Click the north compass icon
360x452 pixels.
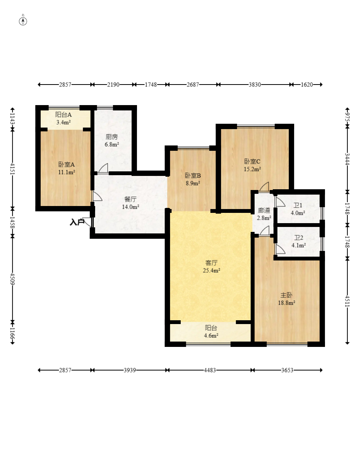(x=23, y=21)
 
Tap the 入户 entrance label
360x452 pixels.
(x=77, y=222)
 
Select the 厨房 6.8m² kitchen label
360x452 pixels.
(x=112, y=141)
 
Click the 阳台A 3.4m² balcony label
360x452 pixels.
(x=63, y=118)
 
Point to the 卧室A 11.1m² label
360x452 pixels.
(x=67, y=168)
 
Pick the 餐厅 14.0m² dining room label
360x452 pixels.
(x=131, y=203)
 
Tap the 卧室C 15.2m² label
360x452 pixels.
(x=252, y=165)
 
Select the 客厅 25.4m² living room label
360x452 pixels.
(x=211, y=267)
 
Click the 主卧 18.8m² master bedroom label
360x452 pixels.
(x=286, y=299)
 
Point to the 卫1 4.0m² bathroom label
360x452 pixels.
(x=298, y=209)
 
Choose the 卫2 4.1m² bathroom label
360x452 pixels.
(x=298, y=241)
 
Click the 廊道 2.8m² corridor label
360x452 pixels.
(x=264, y=214)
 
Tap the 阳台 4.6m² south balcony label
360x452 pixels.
(x=211, y=332)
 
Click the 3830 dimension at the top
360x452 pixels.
(x=255, y=85)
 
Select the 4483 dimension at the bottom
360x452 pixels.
(x=210, y=370)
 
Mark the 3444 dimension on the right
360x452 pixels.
(x=347, y=159)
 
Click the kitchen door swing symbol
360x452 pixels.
(x=103, y=168)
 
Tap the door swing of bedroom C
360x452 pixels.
(x=264, y=187)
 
